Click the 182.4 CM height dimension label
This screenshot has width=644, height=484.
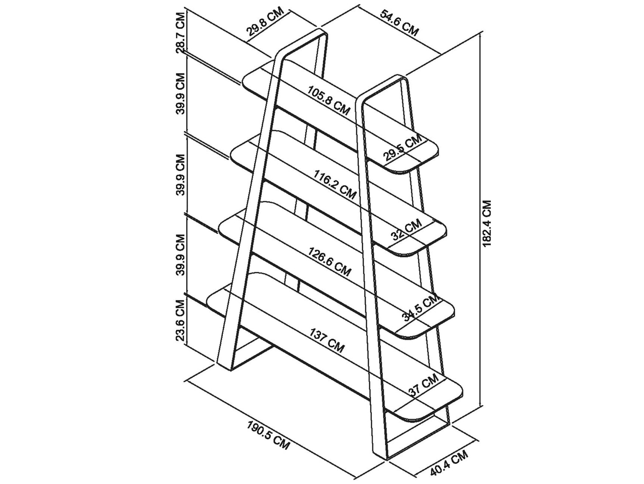pos(487,223)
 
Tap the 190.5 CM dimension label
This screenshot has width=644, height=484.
pos(268,435)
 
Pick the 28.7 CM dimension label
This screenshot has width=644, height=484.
pos(182,33)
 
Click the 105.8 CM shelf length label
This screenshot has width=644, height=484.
pos(328,99)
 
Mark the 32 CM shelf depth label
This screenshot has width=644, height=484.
pos(407,230)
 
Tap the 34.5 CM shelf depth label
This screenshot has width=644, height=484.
pos(419,308)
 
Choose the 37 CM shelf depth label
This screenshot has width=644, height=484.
pos(423,386)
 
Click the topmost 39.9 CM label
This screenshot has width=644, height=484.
pos(181,94)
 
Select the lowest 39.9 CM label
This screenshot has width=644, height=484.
pos(182,255)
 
